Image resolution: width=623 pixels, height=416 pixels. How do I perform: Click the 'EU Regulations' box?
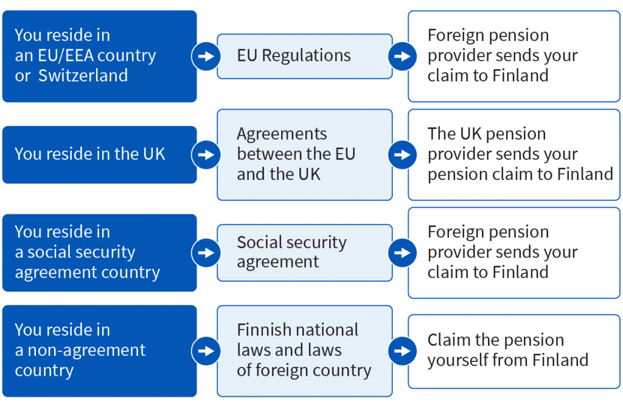click(305, 56)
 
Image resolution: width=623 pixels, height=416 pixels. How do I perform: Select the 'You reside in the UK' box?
click(99, 154)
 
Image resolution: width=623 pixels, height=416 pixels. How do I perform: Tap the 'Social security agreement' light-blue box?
click(305, 252)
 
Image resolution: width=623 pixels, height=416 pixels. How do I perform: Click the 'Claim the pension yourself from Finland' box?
click(513, 352)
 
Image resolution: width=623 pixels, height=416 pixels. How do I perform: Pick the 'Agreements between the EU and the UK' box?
click(305, 154)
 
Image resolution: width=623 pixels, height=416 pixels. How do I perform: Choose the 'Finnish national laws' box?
click(305, 351)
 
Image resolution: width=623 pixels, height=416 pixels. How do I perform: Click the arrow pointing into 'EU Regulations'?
click(206, 56)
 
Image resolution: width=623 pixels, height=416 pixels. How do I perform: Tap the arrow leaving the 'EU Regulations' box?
click(402, 56)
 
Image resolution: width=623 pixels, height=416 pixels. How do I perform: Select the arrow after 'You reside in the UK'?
click(206, 154)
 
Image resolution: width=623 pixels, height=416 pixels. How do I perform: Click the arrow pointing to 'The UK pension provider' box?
click(402, 154)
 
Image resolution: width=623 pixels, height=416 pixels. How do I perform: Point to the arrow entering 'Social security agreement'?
click(206, 252)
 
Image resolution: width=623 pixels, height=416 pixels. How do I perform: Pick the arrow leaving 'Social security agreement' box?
click(402, 252)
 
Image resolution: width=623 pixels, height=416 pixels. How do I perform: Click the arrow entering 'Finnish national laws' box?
click(206, 351)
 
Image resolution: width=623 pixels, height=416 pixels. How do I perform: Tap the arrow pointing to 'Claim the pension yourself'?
click(402, 351)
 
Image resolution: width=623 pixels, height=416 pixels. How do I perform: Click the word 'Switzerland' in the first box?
click(83, 75)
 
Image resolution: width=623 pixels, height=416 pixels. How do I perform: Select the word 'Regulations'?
click(307, 56)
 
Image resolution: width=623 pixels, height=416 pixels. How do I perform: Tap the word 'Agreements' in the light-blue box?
click(282, 134)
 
